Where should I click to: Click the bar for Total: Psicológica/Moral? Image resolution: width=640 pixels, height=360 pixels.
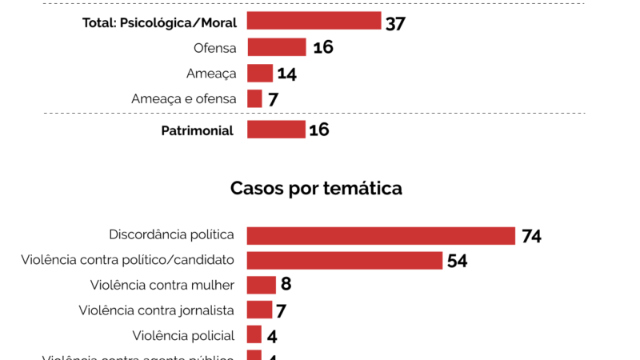pos(314,22)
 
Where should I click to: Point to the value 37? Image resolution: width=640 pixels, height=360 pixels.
pos(396,22)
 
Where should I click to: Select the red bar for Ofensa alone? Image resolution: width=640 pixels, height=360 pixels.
pos(277,48)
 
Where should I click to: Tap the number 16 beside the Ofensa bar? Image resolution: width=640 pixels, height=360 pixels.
pos(322,48)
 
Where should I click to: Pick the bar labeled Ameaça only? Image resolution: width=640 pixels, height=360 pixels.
pos(260,74)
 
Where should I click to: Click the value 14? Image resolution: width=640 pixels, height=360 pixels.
pos(287,74)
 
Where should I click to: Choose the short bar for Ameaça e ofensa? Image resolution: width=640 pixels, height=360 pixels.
pos(254,99)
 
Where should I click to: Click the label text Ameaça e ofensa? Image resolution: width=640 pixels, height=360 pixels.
pos(184,99)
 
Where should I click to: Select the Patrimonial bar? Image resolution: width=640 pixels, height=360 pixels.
pos(276,130)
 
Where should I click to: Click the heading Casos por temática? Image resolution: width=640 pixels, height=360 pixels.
pos(316,189)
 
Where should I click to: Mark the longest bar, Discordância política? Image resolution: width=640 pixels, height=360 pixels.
pos(381,235)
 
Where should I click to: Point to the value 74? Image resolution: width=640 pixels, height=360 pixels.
pos(532,236)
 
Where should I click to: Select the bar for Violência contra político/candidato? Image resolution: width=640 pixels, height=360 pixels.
pos(345,261)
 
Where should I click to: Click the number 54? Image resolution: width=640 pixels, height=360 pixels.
pos(458,261)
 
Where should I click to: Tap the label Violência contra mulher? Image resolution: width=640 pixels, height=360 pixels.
pos(162,285)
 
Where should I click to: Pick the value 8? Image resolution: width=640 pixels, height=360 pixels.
pos(286,286)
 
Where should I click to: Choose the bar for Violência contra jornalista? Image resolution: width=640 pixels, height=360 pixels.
pos(259,310)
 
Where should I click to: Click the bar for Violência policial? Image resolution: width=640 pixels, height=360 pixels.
pos(254,335)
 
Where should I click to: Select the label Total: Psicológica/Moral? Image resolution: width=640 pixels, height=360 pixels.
pos(159,22)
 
